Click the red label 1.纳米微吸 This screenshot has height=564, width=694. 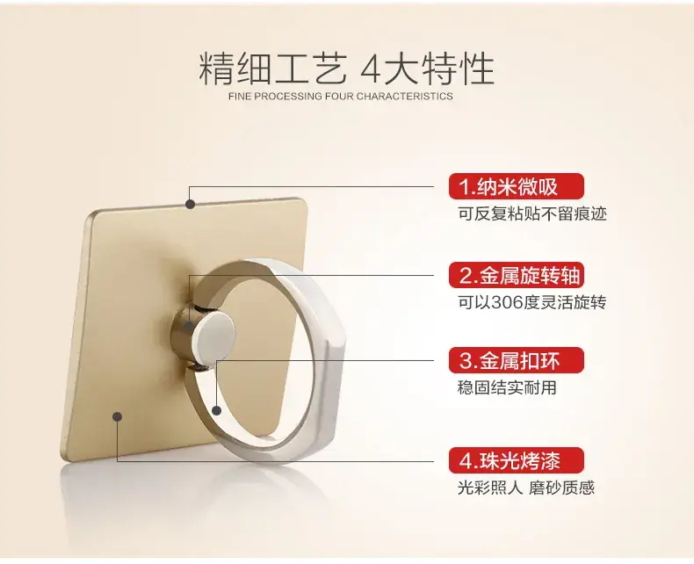click(516, 186)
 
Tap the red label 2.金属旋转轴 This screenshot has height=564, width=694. click(516, 275)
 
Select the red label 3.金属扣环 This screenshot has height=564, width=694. click(516, 361)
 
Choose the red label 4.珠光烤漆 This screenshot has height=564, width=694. click(516, 460)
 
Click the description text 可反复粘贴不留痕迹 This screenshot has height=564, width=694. click(532, 213)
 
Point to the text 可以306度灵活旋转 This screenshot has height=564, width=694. click(532, 303)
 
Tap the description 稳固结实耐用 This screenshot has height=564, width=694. click(507, 387)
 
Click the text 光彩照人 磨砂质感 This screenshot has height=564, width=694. click(526, 488)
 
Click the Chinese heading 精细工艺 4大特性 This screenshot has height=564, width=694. click(346, 69)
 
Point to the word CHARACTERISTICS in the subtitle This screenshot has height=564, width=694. click(404, 97)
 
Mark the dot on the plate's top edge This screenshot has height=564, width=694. click(191, 204)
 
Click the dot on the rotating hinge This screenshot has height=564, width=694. click(190, 327)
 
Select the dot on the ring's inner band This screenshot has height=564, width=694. click(216, 410)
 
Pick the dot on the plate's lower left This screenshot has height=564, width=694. click(118, 416)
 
